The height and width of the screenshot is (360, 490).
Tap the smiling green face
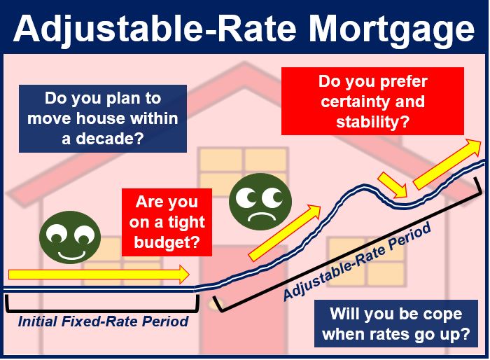pyautogui.click(x=70, y=237)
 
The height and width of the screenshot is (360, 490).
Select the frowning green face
pyautogui.click(x=260, y=202)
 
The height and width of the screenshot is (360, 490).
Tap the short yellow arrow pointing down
pyautogui.click(x=393, y=185)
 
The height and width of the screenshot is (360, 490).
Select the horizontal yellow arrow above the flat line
pyautogui.click(x=99, y=275)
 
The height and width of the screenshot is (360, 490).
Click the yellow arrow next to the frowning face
pyautogui.click(x=284, y=233)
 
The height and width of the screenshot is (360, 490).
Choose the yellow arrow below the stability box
pyautogui.click(x=447, y=164)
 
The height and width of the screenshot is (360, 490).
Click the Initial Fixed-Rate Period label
pyautogui.click(x=103, y=321)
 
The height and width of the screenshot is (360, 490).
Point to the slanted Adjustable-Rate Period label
pyautogui.click(x=357, y=261)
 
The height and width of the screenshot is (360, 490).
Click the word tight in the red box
pyautogui.click(x=186, y=223)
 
